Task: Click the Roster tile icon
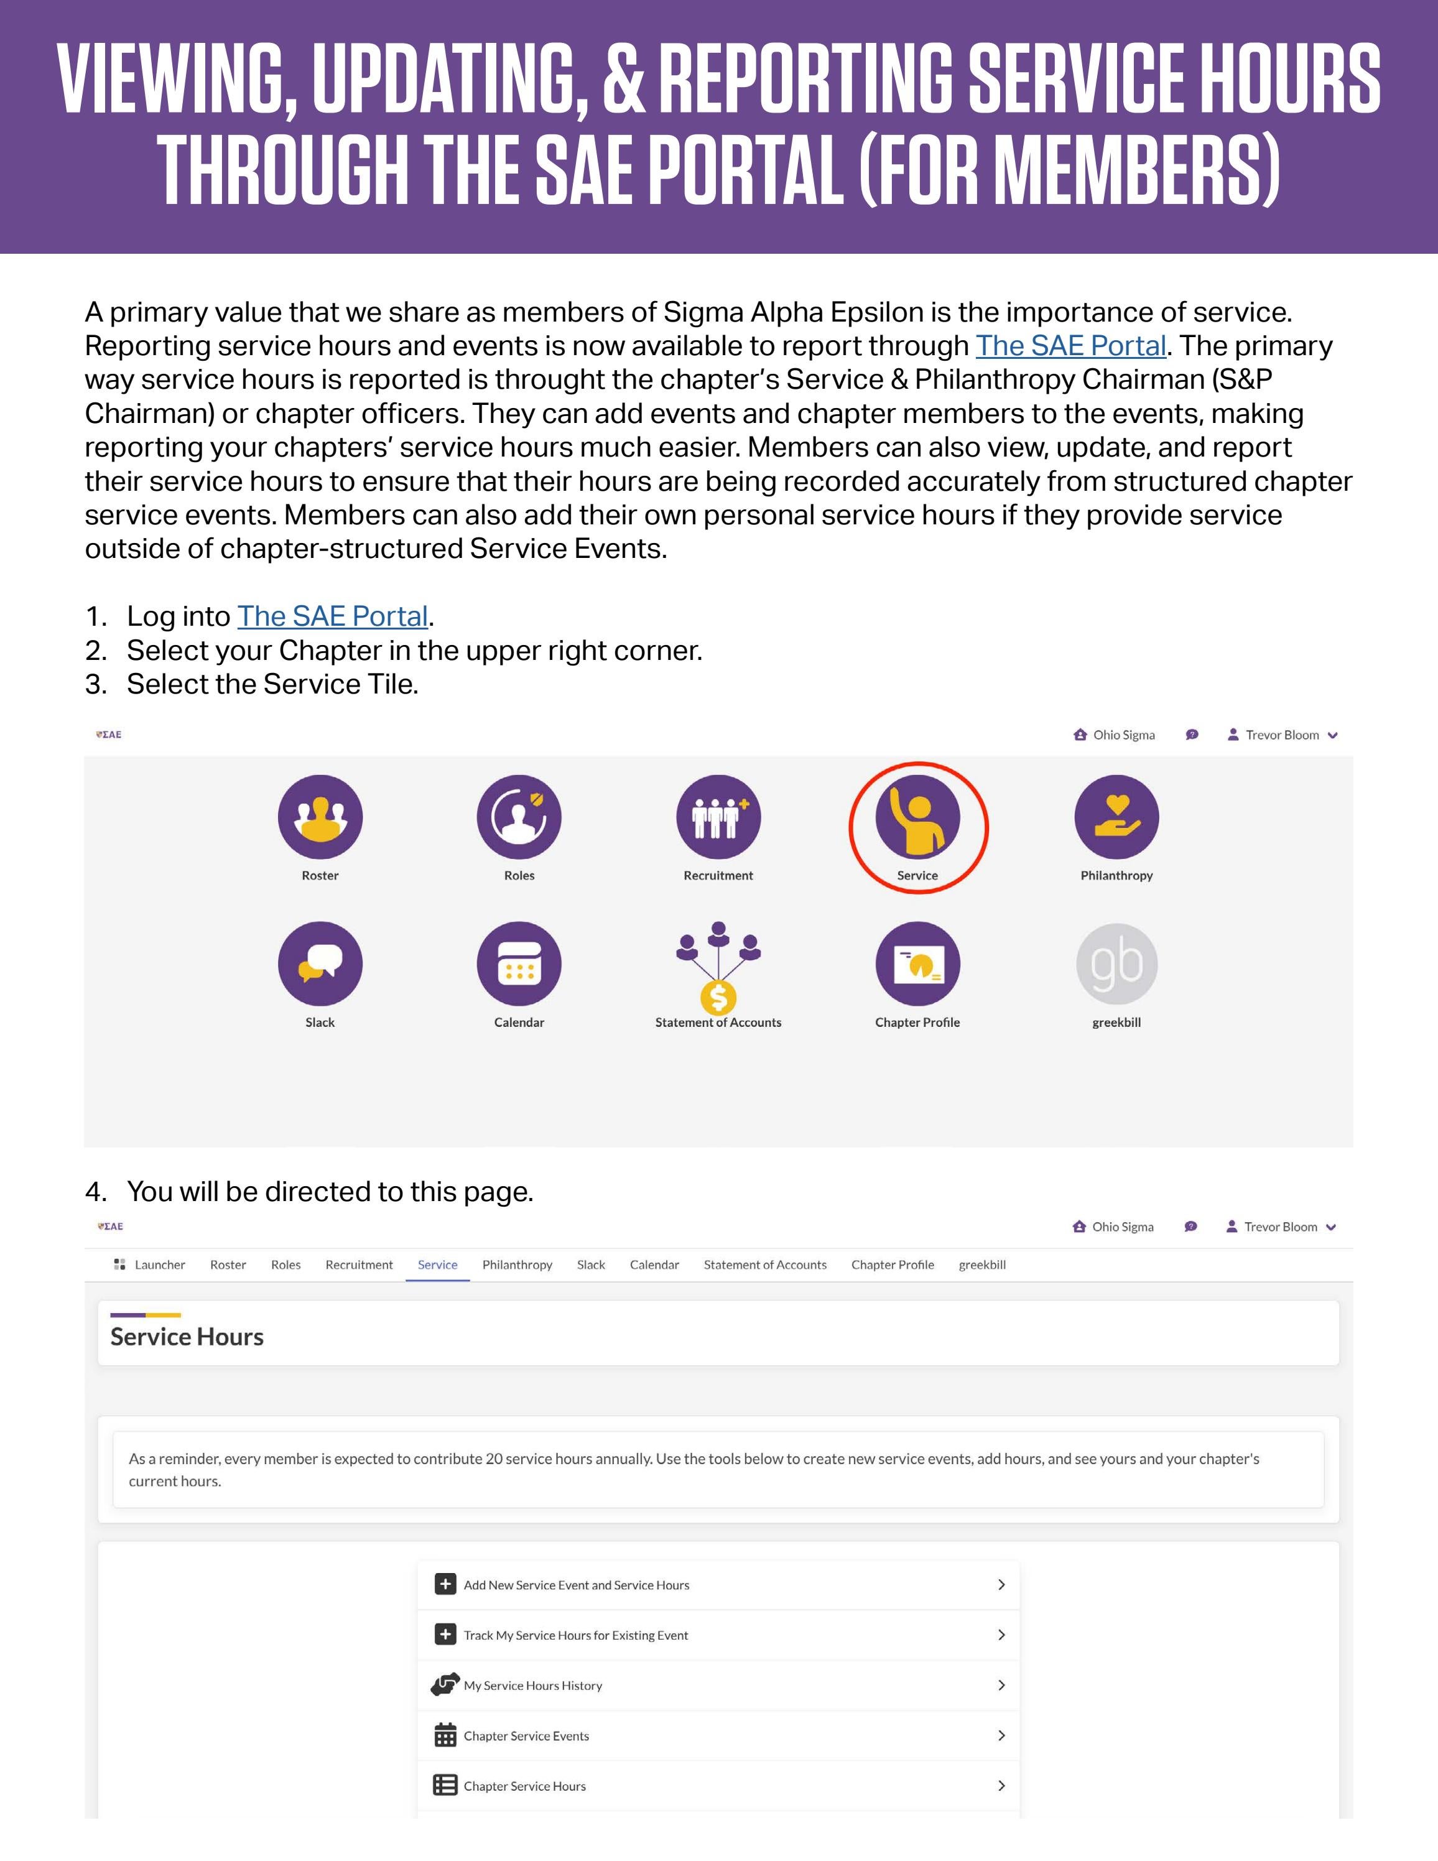point(320,816)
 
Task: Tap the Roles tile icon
point(519,816)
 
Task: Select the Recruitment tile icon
point(718,816)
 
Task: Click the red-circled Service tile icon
point(917,816)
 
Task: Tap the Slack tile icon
point(320,963)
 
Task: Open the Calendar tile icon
point(519,963)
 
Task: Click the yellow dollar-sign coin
point(718,996)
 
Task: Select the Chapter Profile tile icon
point(917,963)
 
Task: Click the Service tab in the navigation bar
point(437,1265)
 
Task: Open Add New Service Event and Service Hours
point(576,1585)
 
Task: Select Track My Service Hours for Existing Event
point(575,1635)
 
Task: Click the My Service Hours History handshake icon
point(445,1684)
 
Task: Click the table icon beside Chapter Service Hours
point(445,1785)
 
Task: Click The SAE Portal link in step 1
point(332,616)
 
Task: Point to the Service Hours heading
point(187,1336)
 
